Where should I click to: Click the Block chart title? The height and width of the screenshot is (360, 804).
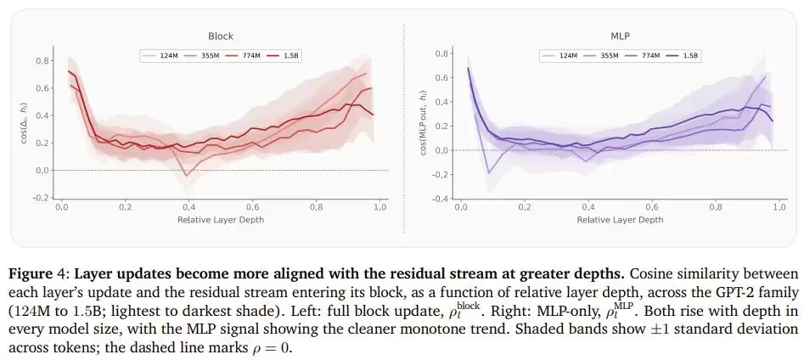coord(221,37)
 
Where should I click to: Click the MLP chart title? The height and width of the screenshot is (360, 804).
coord(620,37)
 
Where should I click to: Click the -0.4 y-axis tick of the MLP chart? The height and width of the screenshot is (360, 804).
coord(441,199)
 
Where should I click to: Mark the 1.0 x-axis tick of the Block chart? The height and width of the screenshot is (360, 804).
coord(380,207)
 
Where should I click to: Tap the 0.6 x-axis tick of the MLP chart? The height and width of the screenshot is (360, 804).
coord(652,207)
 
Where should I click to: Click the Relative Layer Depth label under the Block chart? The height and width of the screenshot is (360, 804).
coord(221,220)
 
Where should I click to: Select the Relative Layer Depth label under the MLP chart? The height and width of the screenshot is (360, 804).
coord(620,220)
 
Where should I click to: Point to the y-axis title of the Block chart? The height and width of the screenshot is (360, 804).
coord(24,124)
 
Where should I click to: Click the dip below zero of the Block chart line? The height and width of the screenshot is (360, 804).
coord(187,176)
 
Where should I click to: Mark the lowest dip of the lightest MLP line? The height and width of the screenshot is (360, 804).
coord(489,173)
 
